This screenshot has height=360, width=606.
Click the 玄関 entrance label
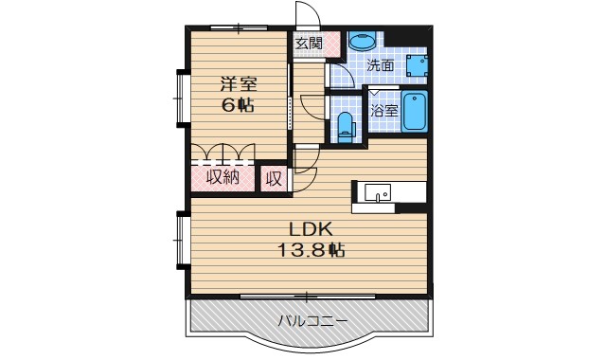tap(308, 43)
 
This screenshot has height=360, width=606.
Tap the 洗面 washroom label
tap(381, 66)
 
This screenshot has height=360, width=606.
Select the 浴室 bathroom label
tap(383, 111)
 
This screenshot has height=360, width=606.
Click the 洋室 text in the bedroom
tap(238, 82)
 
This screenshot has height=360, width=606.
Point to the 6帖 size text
tap(238, 104)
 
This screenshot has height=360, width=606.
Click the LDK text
tap(310, 230)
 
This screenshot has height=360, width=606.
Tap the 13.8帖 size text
tap(310, 250)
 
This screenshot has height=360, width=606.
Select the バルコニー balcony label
tap(310, 320)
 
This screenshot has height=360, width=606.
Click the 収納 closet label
tap(223, 177)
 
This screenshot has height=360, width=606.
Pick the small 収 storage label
tap(273, 177)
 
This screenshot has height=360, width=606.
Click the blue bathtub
tap(414, 114)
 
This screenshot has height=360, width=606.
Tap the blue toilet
tap(345, 125)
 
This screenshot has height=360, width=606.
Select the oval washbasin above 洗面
tap(361, 42)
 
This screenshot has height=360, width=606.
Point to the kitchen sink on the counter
tap(377, 191)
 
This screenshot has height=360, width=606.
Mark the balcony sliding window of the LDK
tap(308, 297)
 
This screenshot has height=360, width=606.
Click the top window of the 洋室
tap(239, 27)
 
